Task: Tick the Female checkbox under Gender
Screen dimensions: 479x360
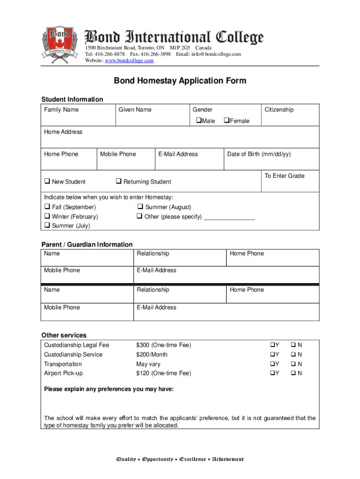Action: tap(226, 121)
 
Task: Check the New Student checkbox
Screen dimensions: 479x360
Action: tap(47, 181)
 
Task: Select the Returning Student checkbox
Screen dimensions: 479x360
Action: tap(119, 181)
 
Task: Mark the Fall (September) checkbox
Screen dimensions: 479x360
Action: tap(47, 207)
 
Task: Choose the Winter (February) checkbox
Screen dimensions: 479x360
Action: tap(47, 217)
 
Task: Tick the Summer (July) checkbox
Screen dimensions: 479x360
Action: tap(47, 225)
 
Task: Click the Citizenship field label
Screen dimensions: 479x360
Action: tap(279, 109)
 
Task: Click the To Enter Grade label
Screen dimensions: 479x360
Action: tap(284, 176)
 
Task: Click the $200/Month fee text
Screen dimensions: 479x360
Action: tap(151, 355)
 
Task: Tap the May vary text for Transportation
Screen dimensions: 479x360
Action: tap(148, 364)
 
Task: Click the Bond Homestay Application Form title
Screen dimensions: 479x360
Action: tap(180, 81)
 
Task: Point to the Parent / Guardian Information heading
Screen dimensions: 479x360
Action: tap(87, 244)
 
